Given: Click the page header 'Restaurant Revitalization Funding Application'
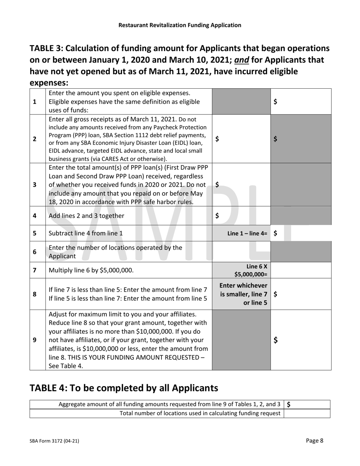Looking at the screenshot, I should pyautogui.click(x=180, y=25).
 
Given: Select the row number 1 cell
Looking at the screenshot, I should pyautogui.click(x=35, y=102).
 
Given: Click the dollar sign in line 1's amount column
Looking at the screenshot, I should pyautogui.click(x=275, y=102).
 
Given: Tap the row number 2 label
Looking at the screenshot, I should pyautogui.click(x=35, y=139).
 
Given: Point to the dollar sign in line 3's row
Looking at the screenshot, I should pyautogui.click(x=217, y=185).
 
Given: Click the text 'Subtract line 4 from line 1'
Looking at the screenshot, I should pyautogui.click(x=86, y=233).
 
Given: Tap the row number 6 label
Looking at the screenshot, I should pyautogui.click(x=35, y=252).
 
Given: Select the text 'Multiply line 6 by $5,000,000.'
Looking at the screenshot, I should pyautogui.click(x=91, y=270).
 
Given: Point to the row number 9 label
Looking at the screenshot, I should pyautogui.click(x=35, y=339).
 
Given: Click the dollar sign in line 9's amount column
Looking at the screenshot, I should pyautogui.click(x=276, y=340).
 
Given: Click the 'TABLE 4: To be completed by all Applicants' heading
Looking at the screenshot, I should pyautogui.click(x=124, y=388).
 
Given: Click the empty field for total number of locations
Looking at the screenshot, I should pyautogui.click(x=307, y=413).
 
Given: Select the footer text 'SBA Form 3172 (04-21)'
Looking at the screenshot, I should pyautogui.click(x=54, y=441).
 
